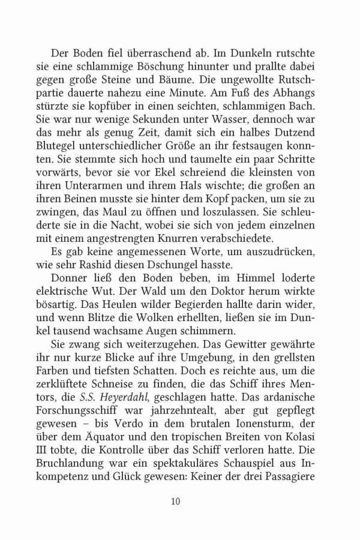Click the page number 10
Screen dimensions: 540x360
175,501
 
